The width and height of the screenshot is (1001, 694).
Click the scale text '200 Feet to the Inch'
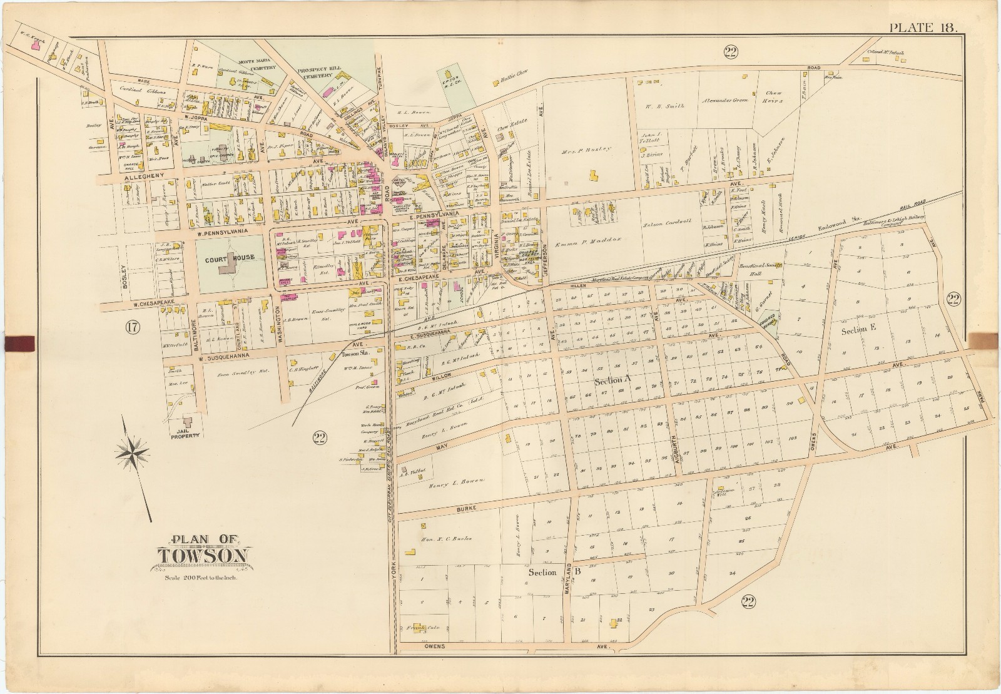[x=203, y=577]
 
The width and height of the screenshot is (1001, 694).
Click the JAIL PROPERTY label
[x=187, y=436]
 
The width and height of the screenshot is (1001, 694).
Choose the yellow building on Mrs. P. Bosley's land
[x=591, y=178]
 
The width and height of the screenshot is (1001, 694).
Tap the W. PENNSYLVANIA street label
[x=220, y=233]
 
